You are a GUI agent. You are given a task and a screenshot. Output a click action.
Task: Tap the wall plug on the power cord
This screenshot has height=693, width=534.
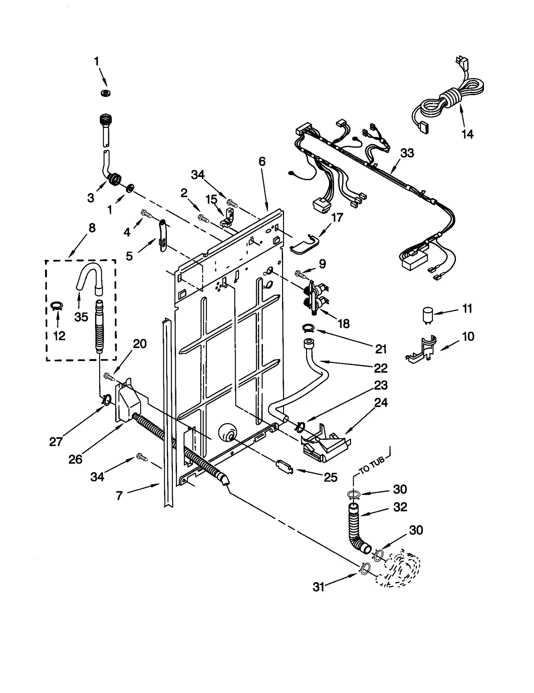point(461,63)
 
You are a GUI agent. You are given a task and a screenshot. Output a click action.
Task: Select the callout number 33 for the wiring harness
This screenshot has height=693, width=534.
point(407,153)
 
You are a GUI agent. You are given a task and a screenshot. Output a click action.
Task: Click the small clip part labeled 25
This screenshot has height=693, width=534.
point(284,466)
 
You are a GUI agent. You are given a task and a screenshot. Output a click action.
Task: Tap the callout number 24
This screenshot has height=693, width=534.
point(380,402)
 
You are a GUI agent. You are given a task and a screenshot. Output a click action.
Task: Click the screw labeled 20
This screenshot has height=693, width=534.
point(109,377)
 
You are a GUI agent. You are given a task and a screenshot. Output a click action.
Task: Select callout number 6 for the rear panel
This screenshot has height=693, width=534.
point(262,162)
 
